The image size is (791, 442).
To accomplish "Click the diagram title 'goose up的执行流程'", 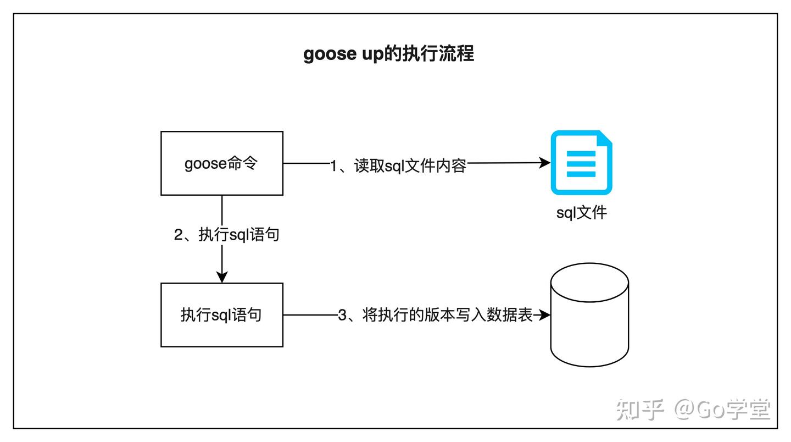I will pyautogui.click(x=388, y=54).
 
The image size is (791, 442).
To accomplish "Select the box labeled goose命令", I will pyautogui.click(x=221, y=163).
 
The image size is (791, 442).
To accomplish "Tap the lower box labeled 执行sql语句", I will pyautogui.click(x=221, y=315).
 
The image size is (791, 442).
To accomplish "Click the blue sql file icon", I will pyautogui.click(x=581, y=163).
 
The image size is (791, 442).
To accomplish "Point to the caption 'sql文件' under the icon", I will pyautogui.click(x=581, y=212).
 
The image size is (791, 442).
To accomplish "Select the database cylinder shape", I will pyautogui.click(x=589, y=316).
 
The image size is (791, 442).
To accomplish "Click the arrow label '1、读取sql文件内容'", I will pyautogui.click(x=398, y=165).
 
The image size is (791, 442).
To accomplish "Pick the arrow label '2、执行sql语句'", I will pyautogui.click(x=226, y=235).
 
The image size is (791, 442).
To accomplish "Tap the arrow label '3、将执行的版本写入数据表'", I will pyautogui.click(x=435, y=316).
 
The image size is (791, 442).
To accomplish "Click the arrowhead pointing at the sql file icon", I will pyautogui.click(x=545, y=163).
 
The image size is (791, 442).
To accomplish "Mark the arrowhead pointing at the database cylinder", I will pyautogui.click(x=544, y=315).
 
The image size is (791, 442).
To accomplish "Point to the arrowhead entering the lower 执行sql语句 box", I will pyautogui.click(x=221, y=278).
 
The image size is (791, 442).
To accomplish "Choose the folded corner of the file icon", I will pyautogui.click(x=604, y=139).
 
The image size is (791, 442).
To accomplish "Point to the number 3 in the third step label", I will pyautogui.click(x=342, y=316).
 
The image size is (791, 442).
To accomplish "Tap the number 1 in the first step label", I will pyautogui.click(x=333, y=165).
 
